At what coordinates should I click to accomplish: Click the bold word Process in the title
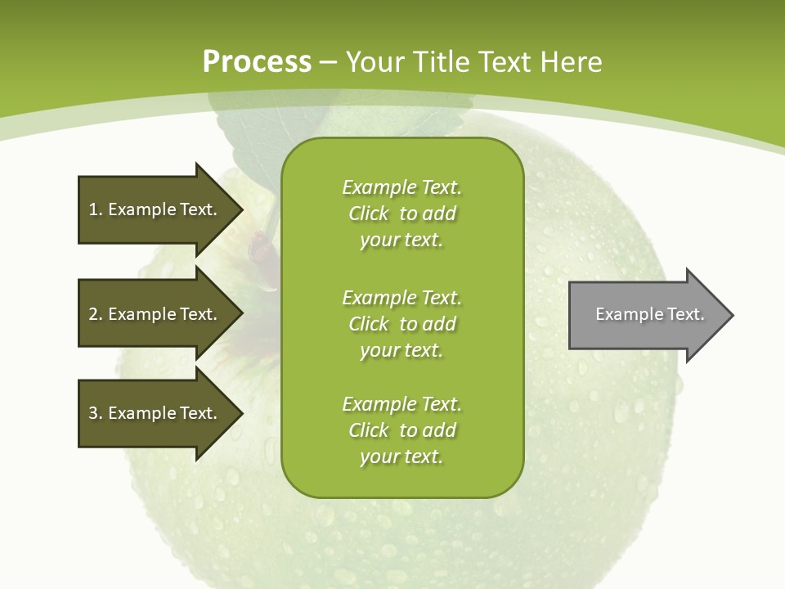coord(257,62)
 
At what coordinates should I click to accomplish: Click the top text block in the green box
coord(402,214)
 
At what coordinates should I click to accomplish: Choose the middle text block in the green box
coord(402,324)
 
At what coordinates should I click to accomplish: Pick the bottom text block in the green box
coord(402,430)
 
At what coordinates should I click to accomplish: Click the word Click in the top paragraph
coord(369,214)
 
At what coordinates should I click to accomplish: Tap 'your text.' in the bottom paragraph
coord(401,457)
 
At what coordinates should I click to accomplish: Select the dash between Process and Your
coord(329,62)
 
